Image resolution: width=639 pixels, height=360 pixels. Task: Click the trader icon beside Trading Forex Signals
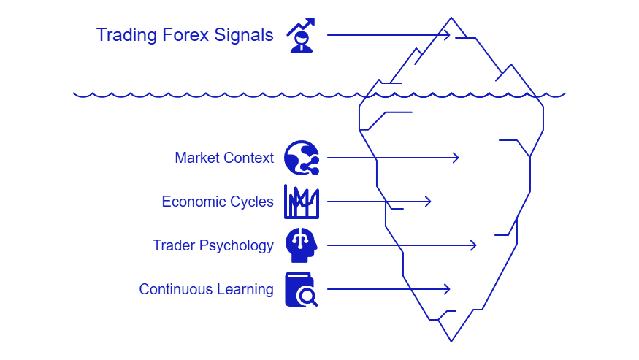301,35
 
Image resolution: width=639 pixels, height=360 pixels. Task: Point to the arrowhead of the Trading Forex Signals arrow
448,35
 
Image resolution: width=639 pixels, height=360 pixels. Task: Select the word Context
248,158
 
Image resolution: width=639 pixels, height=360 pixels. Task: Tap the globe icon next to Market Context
301,158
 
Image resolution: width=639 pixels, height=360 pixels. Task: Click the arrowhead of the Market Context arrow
456,158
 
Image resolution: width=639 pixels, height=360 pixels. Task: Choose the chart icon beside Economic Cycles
301,202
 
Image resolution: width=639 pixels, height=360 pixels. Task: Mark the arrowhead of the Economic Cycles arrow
429,202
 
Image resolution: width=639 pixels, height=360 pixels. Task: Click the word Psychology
235,245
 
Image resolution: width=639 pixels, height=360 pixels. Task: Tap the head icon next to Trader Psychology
301,245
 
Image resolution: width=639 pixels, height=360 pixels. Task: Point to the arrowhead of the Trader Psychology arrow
474,245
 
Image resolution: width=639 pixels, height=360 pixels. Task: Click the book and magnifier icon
301,289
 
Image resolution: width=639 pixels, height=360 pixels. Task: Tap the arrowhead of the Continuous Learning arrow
448,289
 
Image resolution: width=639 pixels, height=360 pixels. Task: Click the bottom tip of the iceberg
451,340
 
